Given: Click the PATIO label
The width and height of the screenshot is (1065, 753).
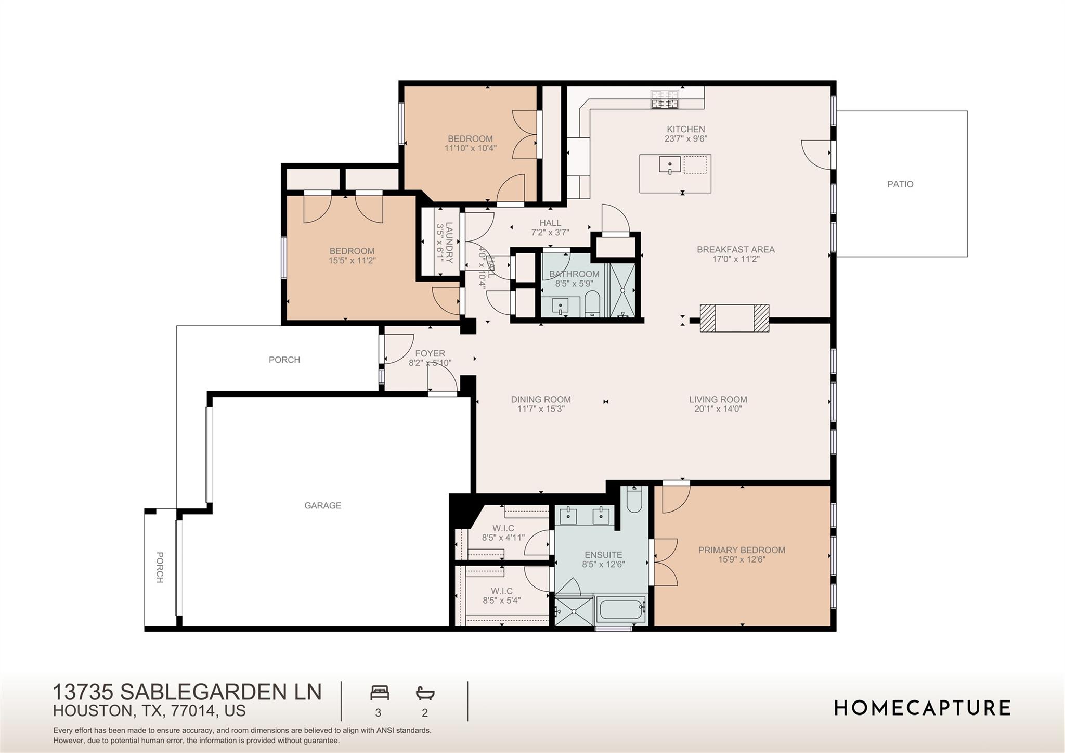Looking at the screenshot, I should [x=900, y=184].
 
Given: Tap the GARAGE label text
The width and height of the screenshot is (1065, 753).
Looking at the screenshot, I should [x=322, y=505].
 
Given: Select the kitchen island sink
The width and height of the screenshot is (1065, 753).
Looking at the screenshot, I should [x=670, y=165].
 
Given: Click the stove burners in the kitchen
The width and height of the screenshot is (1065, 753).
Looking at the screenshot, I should [x=665, y=99].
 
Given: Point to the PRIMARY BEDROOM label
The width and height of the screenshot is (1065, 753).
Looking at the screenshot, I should [x=742, y=550].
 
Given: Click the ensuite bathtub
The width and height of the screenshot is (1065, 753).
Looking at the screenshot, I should [x=621, y=610].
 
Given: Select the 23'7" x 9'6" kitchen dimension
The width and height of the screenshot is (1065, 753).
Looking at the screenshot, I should [x=686, y=139].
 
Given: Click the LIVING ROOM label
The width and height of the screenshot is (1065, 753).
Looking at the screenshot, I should [x=718, y=400].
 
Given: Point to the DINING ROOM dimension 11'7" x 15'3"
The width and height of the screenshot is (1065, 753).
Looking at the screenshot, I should [x=541, y=409].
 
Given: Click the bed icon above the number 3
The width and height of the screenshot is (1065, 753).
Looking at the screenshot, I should [x=380, y=693].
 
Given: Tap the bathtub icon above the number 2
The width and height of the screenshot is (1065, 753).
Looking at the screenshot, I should [x=425, y=693].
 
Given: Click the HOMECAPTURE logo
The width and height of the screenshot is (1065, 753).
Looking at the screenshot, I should [x=922, y=708].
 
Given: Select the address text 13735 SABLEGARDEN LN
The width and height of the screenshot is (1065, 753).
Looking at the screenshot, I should [x=187, y=692].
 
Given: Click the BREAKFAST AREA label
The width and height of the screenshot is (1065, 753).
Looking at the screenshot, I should [x=735, y=250].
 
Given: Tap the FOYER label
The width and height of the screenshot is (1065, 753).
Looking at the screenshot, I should [x=430, y=354].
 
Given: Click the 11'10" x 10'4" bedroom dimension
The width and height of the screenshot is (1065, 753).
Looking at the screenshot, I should [x=470, y=148].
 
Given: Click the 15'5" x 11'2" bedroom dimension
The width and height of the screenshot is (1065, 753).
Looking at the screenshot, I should [x=352, y=261].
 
